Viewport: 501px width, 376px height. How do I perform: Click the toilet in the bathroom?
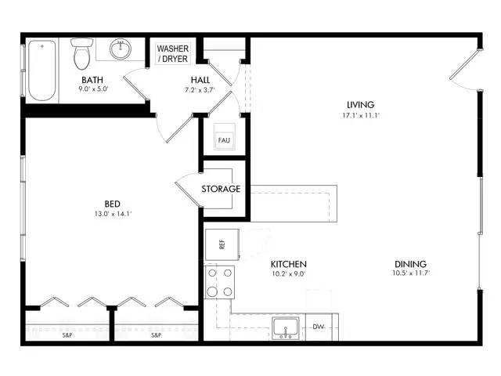pos(82,54)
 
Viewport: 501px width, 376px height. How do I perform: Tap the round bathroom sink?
pos(121,49)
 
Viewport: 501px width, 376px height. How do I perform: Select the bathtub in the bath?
pos(42,70)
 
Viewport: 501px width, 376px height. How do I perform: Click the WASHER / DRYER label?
pos(173,54)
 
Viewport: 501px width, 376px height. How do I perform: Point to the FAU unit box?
pos(224,140)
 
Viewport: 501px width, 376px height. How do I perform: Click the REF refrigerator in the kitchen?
pos(222,244)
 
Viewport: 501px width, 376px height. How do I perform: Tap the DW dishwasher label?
pos(318,327)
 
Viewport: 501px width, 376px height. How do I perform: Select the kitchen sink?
pos(286,328)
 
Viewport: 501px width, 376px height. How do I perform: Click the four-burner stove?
pos(220,282)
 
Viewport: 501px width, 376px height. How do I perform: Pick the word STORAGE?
pos(221,189)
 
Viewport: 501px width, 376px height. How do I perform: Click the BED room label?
pos(113,204)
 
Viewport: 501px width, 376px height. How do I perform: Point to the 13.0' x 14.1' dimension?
pos(113,214)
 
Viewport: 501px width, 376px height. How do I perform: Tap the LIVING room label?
pos(360,104)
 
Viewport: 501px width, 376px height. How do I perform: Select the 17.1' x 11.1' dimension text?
pos(361,115)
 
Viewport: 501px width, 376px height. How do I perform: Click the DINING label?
pos(410,264)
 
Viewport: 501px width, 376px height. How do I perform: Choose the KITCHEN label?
pos(289,264)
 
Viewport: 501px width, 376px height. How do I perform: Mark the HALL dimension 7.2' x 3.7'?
pos(200,90)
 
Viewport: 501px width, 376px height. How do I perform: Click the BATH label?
pos(92,80)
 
